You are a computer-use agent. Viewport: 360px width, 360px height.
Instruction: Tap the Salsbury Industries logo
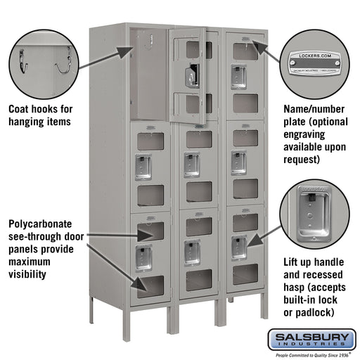(312, 340)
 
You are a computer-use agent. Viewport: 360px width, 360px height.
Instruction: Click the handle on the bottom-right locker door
(239, 247)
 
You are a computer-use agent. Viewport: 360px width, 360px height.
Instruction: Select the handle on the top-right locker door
(240, 75)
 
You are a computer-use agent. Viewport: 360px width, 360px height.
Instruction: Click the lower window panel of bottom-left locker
(151, 284)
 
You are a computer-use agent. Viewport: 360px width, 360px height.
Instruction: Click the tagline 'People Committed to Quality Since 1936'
(312, 354)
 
